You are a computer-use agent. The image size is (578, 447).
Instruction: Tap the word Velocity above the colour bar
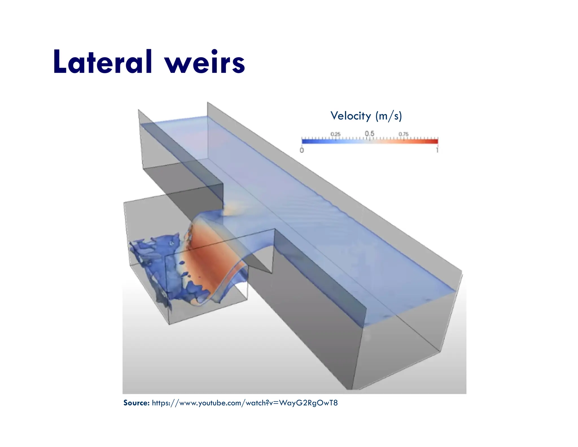[x=351, y=116]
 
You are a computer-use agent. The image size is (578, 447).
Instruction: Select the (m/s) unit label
[x=388, y=116]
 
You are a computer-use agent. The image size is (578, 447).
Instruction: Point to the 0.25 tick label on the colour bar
[x=335, y=134]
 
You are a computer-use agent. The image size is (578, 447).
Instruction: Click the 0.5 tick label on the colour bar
[x=369, y=133]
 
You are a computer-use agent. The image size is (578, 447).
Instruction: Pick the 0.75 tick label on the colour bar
[x=403, y=134]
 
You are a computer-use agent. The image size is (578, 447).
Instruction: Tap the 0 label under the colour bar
[x=302, y=150]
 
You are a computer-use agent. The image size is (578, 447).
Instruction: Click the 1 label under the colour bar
[x=437, y=150]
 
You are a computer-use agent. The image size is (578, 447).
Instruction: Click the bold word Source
[x=136, y=403]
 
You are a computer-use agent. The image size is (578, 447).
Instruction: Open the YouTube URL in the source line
[x=244, y=403]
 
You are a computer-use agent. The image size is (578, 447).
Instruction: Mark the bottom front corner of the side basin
[x=169, y=324]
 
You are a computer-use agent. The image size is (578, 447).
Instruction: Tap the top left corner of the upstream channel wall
[x=138, y=110]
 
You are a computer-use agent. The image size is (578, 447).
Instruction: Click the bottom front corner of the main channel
[x=352, y=389]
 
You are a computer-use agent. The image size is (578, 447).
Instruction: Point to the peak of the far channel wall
[x=207, y=102]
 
